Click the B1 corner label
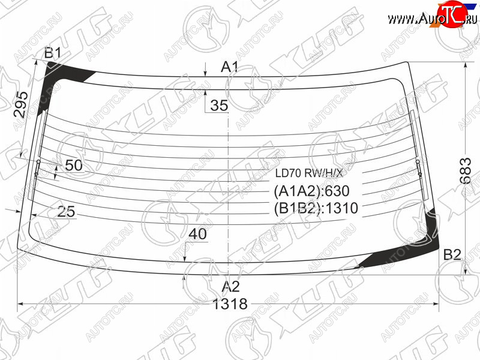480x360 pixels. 53,53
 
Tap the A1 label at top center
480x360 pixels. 230,67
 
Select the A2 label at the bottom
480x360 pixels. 230,287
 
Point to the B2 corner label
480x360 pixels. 452,254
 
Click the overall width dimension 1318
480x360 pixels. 230,304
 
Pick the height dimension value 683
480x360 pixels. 466,170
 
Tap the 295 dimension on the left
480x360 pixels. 21,104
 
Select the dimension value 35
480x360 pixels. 219,106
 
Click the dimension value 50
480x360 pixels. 74,166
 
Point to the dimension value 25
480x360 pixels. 66,212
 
